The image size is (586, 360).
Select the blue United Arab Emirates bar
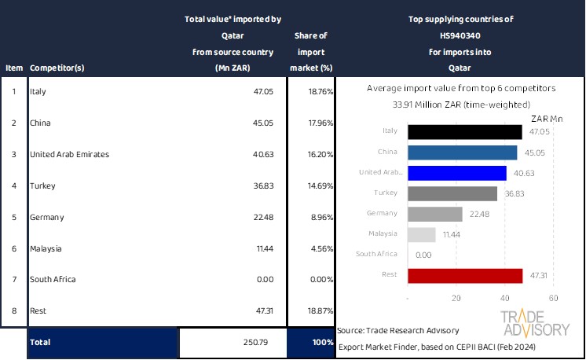click(x=456, y=173)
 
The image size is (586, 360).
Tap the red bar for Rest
click(x=465, y=275)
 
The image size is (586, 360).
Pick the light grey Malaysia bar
click(x=422, y=234)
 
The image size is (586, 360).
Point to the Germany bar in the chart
click(x=435, y=214)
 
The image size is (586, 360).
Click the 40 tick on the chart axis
click(x=505, y=299)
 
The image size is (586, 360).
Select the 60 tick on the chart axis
click(x=553, y=299)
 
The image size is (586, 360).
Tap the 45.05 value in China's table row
click(x=262, y=123)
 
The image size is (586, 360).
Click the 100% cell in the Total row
click(x=321, y=343)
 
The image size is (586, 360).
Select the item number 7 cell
click(x=13, y=279)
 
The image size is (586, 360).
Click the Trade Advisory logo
click(x=536, y=323)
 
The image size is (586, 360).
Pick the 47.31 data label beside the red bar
click(x=538, y=275)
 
